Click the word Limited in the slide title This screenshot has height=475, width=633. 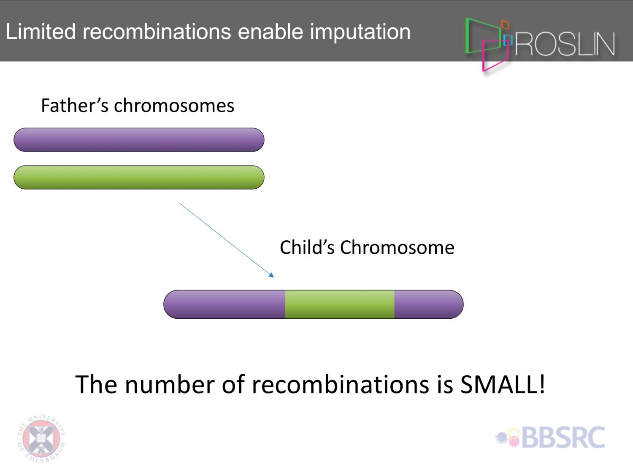(41, 31)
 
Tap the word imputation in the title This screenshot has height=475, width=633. (360, 33)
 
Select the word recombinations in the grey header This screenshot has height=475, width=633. (157, 31)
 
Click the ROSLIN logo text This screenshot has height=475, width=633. (565, 44)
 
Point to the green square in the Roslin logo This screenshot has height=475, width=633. (466, 35)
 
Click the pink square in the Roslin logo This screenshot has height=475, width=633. (483, 56)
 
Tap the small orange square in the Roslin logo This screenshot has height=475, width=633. (505, 24)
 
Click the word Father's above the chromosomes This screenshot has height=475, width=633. (75, 105)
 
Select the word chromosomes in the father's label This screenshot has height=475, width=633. (174, 105)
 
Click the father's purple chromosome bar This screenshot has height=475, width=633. (139, 140)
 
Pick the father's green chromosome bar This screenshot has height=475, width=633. (139, 177)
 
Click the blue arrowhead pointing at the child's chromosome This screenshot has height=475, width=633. (271, 275)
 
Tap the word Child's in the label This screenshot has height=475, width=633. (307, 247)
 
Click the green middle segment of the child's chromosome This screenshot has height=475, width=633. (340, 304)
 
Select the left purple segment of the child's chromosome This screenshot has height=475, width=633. (225, 304)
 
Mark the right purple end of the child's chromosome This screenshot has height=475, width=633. (429, 304)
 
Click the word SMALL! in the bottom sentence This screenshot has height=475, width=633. (503, 384)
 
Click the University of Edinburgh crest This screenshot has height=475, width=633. (41, 438)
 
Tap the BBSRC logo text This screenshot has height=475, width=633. (563, 437)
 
